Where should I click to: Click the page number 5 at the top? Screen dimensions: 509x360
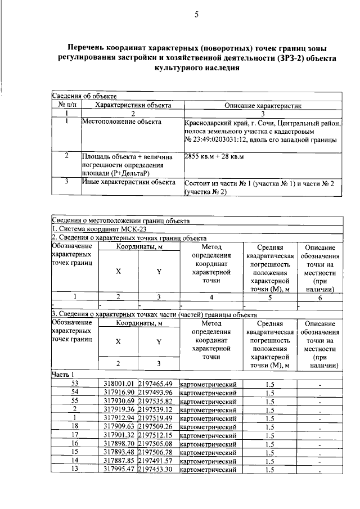point(195,15)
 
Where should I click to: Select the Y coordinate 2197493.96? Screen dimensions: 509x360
point(157,393)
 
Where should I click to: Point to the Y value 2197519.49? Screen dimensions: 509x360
point(157,418)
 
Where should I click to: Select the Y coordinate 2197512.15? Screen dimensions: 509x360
point(157,435)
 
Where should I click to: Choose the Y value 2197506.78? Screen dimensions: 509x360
point(157,452)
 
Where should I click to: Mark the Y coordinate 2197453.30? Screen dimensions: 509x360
point(157,469)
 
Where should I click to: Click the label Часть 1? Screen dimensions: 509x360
point(63,375)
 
